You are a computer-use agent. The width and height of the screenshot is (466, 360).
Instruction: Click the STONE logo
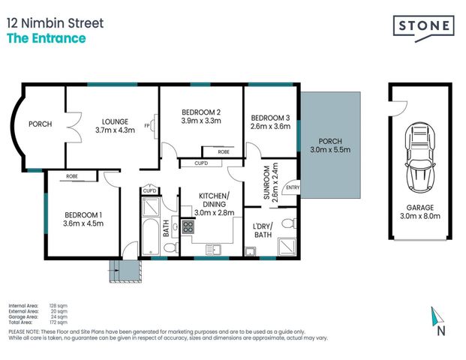(x=424, y=26)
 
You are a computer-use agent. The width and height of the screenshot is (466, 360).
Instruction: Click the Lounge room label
(x=116, y=121)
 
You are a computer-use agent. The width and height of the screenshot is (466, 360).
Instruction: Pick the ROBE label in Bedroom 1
(x=72, y=177)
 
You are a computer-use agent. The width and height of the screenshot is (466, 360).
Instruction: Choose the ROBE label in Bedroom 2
(x=224, y=151)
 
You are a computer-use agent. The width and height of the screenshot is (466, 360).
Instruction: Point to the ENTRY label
(x=293, y=187)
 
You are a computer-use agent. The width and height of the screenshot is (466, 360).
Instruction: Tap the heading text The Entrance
(x=46, y=38)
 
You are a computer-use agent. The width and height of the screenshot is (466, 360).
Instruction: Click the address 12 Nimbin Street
(x=55, y=22)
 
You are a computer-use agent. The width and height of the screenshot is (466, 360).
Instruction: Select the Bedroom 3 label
(x=269, y=118)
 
